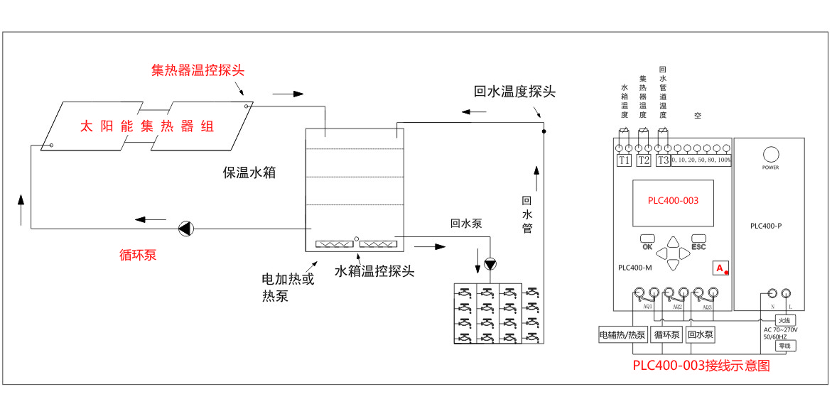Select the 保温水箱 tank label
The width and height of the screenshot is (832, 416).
point(249,173)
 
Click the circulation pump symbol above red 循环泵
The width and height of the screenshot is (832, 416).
point(185,229)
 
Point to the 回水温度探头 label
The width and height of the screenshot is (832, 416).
point(514,92)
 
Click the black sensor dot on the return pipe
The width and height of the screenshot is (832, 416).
point(544,131)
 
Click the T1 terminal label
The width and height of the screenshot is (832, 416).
point(625,160)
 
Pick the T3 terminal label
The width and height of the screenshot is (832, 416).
point(662,160)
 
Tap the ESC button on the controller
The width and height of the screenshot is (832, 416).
point(698,242)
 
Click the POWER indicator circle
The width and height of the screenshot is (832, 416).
point(770,154)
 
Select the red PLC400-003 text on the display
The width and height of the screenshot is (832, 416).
point(673,201)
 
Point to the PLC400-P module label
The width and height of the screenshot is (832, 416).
point(768,226)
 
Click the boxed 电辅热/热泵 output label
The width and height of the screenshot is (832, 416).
point(622,334)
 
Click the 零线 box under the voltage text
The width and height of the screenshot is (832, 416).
point(784,346)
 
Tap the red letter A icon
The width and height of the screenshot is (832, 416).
point(720,268)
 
